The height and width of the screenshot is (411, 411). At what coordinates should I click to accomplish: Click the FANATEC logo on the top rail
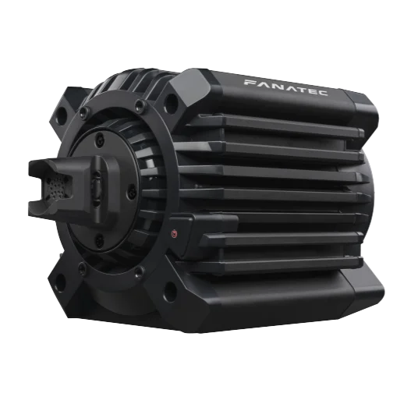(286, 87)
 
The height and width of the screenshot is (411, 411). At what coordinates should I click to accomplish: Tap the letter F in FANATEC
(250, 83)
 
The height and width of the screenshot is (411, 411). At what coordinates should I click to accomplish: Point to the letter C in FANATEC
(323, 93)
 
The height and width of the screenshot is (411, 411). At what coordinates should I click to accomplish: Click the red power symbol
(173, 233)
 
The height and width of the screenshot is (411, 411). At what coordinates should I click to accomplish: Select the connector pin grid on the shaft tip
(55, 186)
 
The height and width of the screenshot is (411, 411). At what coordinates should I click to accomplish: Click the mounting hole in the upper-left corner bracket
(62, 116)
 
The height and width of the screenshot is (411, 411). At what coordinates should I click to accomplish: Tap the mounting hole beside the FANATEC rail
(171, 104)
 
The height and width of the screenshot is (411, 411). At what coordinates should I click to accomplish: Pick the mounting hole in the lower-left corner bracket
(60, 283)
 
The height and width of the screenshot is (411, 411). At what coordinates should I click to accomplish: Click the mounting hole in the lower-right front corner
(170, 292)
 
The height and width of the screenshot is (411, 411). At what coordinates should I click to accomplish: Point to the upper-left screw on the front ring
(84, 112)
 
